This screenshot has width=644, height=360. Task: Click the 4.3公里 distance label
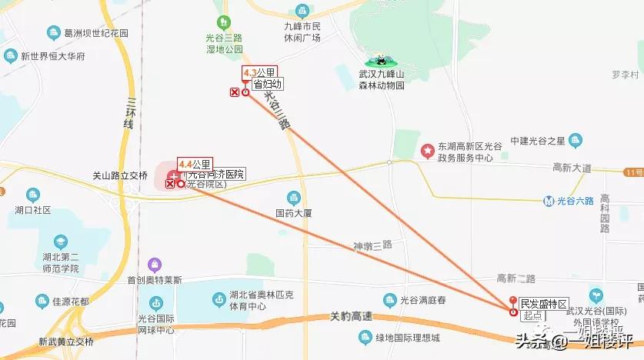256,73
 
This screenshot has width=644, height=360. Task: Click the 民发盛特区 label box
542,305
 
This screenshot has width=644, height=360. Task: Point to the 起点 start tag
532,315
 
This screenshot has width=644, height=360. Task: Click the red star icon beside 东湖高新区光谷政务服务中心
427,150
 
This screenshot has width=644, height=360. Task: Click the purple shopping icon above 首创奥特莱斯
155,265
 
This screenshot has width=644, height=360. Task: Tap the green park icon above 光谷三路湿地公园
223,23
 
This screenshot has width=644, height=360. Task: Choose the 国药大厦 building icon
292,198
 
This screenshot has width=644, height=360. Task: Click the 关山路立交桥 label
119,175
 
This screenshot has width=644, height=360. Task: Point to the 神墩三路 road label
372,245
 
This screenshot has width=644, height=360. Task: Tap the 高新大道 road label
572,167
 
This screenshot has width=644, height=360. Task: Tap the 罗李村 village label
626,75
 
